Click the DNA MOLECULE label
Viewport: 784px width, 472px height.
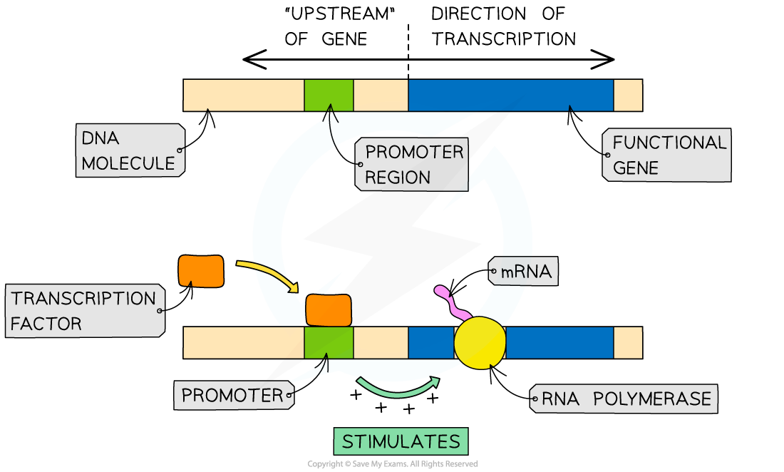(x=129, y=150)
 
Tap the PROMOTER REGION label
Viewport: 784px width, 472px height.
(x=412, y=165)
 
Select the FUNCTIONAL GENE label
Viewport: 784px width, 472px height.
(x=667, y=155)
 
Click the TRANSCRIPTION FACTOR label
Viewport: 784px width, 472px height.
(x=84, y=311)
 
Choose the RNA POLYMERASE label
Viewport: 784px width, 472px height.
(x=624, y=399)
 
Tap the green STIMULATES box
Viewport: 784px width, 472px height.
(x=401, y=441)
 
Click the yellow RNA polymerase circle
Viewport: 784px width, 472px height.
(x=480, y=342)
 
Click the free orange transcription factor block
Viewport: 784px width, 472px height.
(x=200, y=271)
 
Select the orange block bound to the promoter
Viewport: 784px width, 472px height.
(x=329, y=310)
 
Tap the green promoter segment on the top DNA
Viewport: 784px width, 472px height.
(x=329, y=96)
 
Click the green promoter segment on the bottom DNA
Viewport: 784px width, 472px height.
(x=329, y=343)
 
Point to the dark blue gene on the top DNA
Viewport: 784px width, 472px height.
(x=510, y=96)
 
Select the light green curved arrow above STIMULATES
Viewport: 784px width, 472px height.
(x=397, y=389)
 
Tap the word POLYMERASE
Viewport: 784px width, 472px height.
(x=652, y=399)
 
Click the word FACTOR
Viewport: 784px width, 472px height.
(x=46, y=324)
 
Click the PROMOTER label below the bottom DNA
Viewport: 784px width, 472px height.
(x=233, y=395)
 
